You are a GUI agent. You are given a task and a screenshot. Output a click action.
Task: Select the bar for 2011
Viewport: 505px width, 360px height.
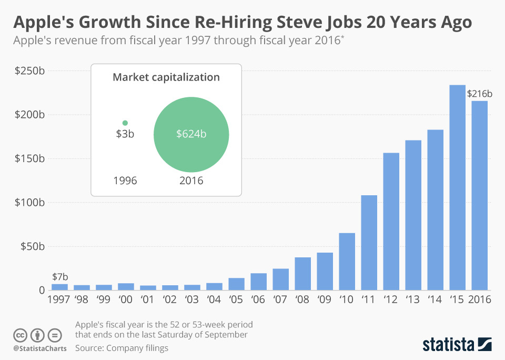click(369, 243)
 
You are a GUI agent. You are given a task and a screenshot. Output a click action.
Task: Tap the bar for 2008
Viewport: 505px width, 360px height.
click(302, 274)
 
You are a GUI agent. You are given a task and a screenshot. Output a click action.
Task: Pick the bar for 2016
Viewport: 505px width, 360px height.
click(479, 195)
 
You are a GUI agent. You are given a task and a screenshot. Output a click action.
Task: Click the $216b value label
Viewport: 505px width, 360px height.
click(479, 94)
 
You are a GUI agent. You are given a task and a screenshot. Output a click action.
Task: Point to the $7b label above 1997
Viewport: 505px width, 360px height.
click(59, 277)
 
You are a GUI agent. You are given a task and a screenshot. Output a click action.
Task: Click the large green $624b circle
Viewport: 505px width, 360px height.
click(191, 134)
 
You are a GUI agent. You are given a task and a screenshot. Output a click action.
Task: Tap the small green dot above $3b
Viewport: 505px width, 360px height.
click(125, 123)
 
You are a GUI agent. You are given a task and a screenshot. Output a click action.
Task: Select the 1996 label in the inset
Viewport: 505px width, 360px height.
click(125, 181)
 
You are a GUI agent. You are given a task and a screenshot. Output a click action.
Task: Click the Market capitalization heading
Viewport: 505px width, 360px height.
click(166, 77)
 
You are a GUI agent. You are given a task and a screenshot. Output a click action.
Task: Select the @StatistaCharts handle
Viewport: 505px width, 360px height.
click(39, 348)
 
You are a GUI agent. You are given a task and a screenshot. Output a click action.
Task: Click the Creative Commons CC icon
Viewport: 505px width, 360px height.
click(21, 335)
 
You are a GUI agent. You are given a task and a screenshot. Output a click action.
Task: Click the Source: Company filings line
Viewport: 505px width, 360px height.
click(122, 348)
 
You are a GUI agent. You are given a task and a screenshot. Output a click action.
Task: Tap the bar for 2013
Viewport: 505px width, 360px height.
click(413, 215)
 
